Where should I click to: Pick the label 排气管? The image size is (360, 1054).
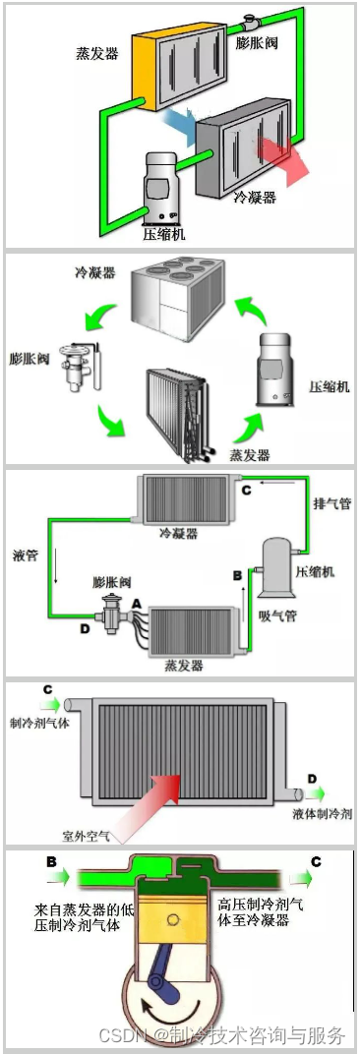pyautogui.click(x=332, y=503)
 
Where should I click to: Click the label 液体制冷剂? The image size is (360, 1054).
pyautogui.click(x=323, y=814)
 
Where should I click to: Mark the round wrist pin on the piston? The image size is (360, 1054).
pyautogui.click(x=175, y=920)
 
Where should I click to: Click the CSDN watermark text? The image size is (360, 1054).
pyautogui.click(x=222, y=1035)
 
